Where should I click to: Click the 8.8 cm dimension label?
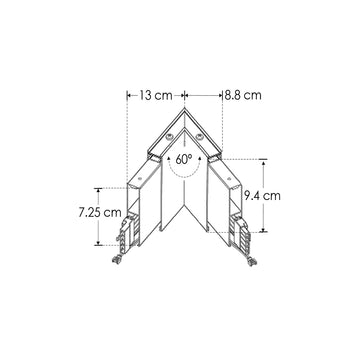pyautogui.click(x=242, y=96)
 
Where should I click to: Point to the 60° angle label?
pyautogui.click(x=183, y=159)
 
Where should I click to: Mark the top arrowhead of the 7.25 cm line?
pyautogui.click(x=98, y=188)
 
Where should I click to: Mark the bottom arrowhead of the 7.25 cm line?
pyautogui.click(x=98, y=244)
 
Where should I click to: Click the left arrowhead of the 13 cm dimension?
pyautogui.click(x=128, y=96)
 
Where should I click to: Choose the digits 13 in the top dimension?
pyautogui.click(x=145, y=96)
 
